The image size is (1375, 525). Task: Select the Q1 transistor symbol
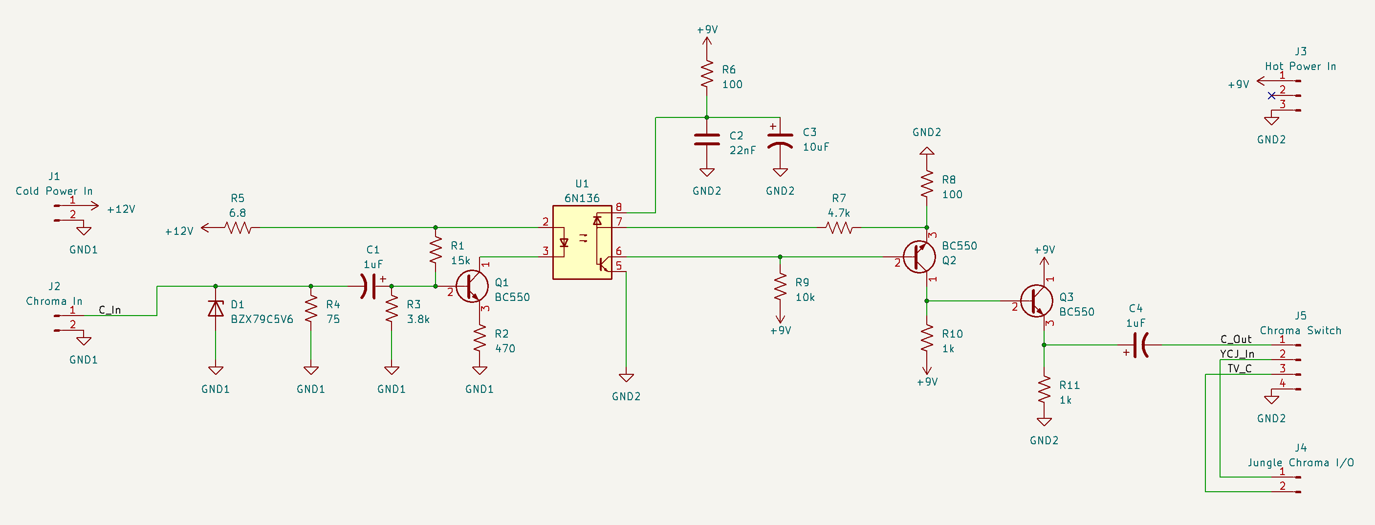[x=472, y=286]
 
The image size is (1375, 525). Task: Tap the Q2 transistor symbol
[x=919, y=257]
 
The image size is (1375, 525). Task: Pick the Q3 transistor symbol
[x=1037, y=301]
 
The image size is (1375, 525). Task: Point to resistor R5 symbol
[x=238, y=228]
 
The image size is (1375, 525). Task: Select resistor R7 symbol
[x=839, y=228]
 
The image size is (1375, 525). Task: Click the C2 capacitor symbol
[x=707, y=139]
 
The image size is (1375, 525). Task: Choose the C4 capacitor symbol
[x=1139, y=345]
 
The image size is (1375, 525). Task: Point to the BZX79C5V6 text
[x=262, y=320]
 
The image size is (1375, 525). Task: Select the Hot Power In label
[x=1300, y=66]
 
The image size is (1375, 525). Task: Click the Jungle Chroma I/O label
[x=1301, y=462]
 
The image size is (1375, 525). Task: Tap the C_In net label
[x=110, y=310]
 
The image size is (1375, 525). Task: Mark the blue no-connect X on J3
[x=1271, y=95]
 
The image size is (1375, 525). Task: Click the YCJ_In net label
[x=1237, y=354]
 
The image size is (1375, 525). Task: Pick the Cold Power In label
[x=54, y=191]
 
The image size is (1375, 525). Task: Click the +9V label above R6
[x=707, y=30]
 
